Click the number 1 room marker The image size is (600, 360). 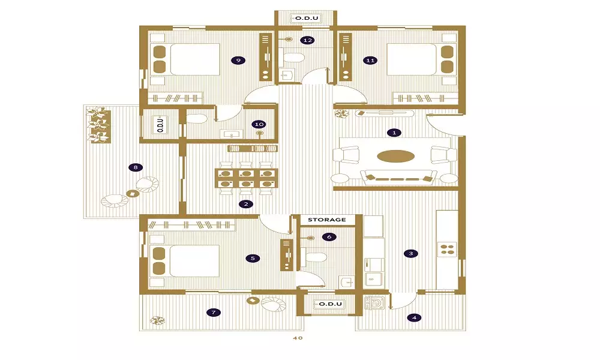click(394, 133)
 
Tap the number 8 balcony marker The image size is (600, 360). click(136, 167)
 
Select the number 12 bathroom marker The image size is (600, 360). click(307, 40)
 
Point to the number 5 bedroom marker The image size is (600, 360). click(253, 258)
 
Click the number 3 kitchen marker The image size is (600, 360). click(411, 253)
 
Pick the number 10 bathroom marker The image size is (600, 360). click(259, 124)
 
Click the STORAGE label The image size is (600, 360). click(327, 220)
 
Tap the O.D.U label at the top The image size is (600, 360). click(307, 18)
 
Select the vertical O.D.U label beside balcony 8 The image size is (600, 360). click(160, 124)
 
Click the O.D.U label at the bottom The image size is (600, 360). click(330, 304)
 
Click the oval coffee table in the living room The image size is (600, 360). click(395, 156)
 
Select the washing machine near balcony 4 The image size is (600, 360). click(376, 302)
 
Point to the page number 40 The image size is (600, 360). click(298, 338)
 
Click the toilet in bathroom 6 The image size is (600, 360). click(314, 256)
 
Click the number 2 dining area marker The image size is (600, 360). click(245, 204)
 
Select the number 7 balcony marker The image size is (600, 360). click(214, 312)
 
